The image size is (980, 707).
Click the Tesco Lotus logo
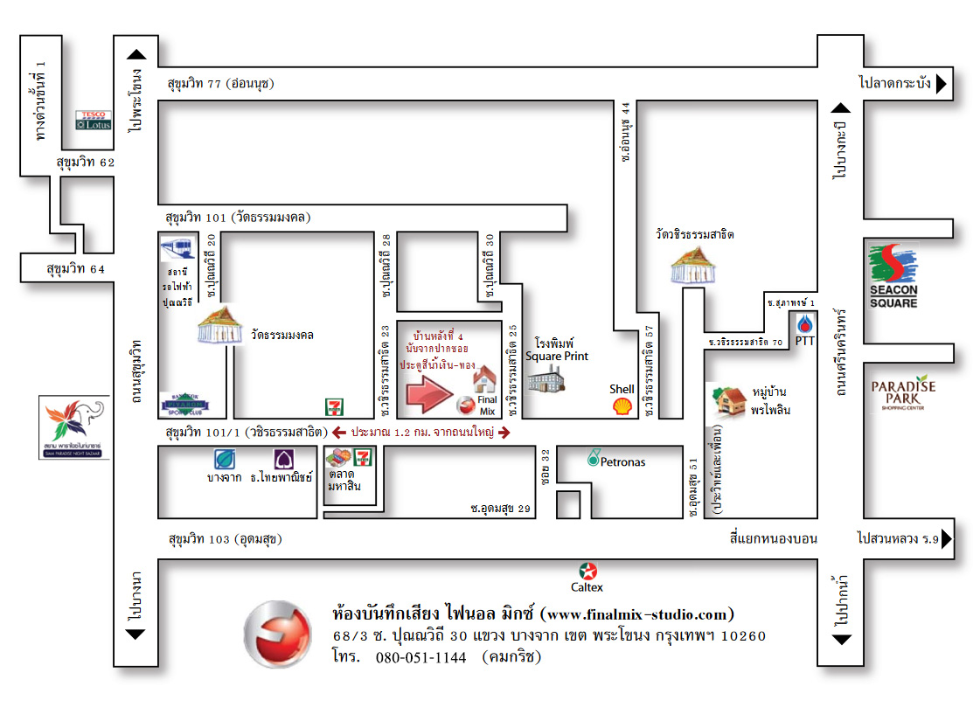93,120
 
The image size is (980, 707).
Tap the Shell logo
622,405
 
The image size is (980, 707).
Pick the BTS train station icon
177,249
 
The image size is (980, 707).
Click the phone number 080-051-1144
420,658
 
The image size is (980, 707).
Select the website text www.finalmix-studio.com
638,613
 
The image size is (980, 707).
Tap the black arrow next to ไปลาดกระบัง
942,84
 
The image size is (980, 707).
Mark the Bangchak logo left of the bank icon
225,459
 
